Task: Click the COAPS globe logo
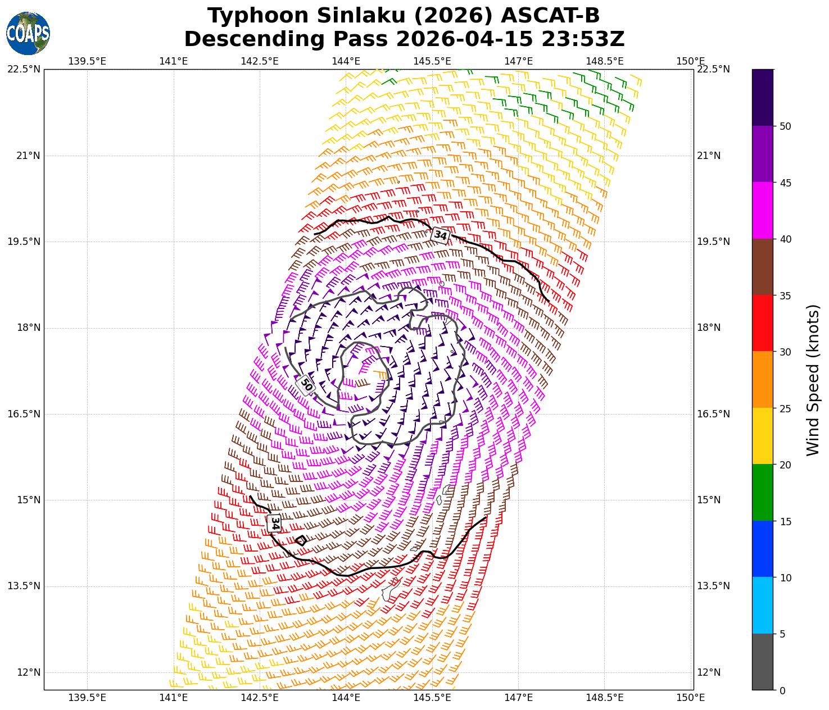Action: coord(28,33)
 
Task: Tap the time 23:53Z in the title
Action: coord(583,39)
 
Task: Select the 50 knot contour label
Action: coord(306,385)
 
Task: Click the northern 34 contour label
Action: coord(440,235)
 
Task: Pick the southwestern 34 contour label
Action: coord(274,523)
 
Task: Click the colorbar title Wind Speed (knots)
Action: coord(813,380)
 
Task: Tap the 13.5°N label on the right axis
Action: coord(713,586)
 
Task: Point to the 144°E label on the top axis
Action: coord(346,61)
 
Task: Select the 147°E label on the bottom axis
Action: coord(518,698)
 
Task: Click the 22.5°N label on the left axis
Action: coord(24,69)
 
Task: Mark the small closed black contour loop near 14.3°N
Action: coord(301,540)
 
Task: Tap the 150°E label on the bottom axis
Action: coord(691,698)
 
